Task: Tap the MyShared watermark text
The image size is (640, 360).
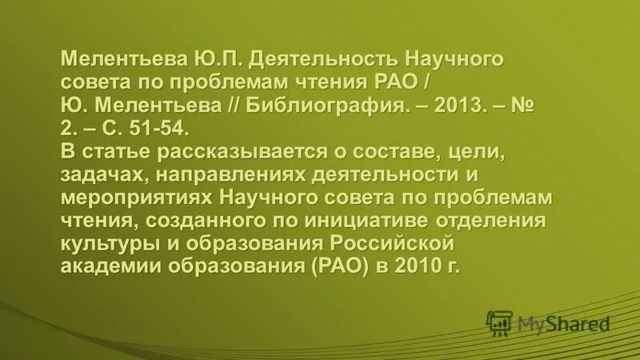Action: point(563,324)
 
